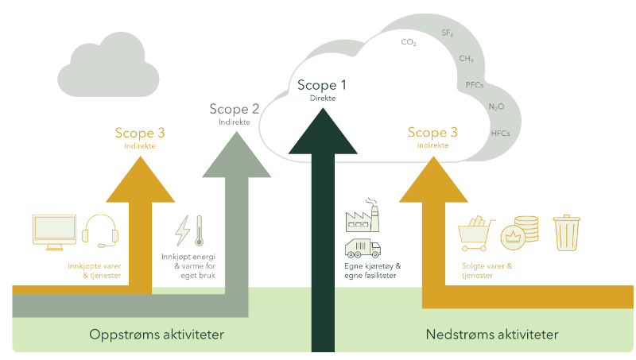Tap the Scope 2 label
235,109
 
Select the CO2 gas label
409,42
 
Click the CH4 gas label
467,59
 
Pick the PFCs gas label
475,84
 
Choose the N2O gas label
496,106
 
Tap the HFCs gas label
501,133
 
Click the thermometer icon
199,231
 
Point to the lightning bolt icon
182,231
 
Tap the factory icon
363,216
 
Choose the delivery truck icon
363,248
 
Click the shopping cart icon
477,232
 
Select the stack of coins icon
525,229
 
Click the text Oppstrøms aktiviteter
156,333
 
